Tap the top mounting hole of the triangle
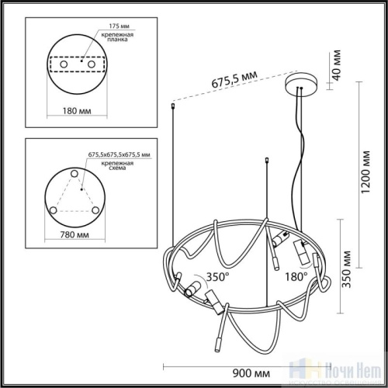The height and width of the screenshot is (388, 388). [x=75, y=171]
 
